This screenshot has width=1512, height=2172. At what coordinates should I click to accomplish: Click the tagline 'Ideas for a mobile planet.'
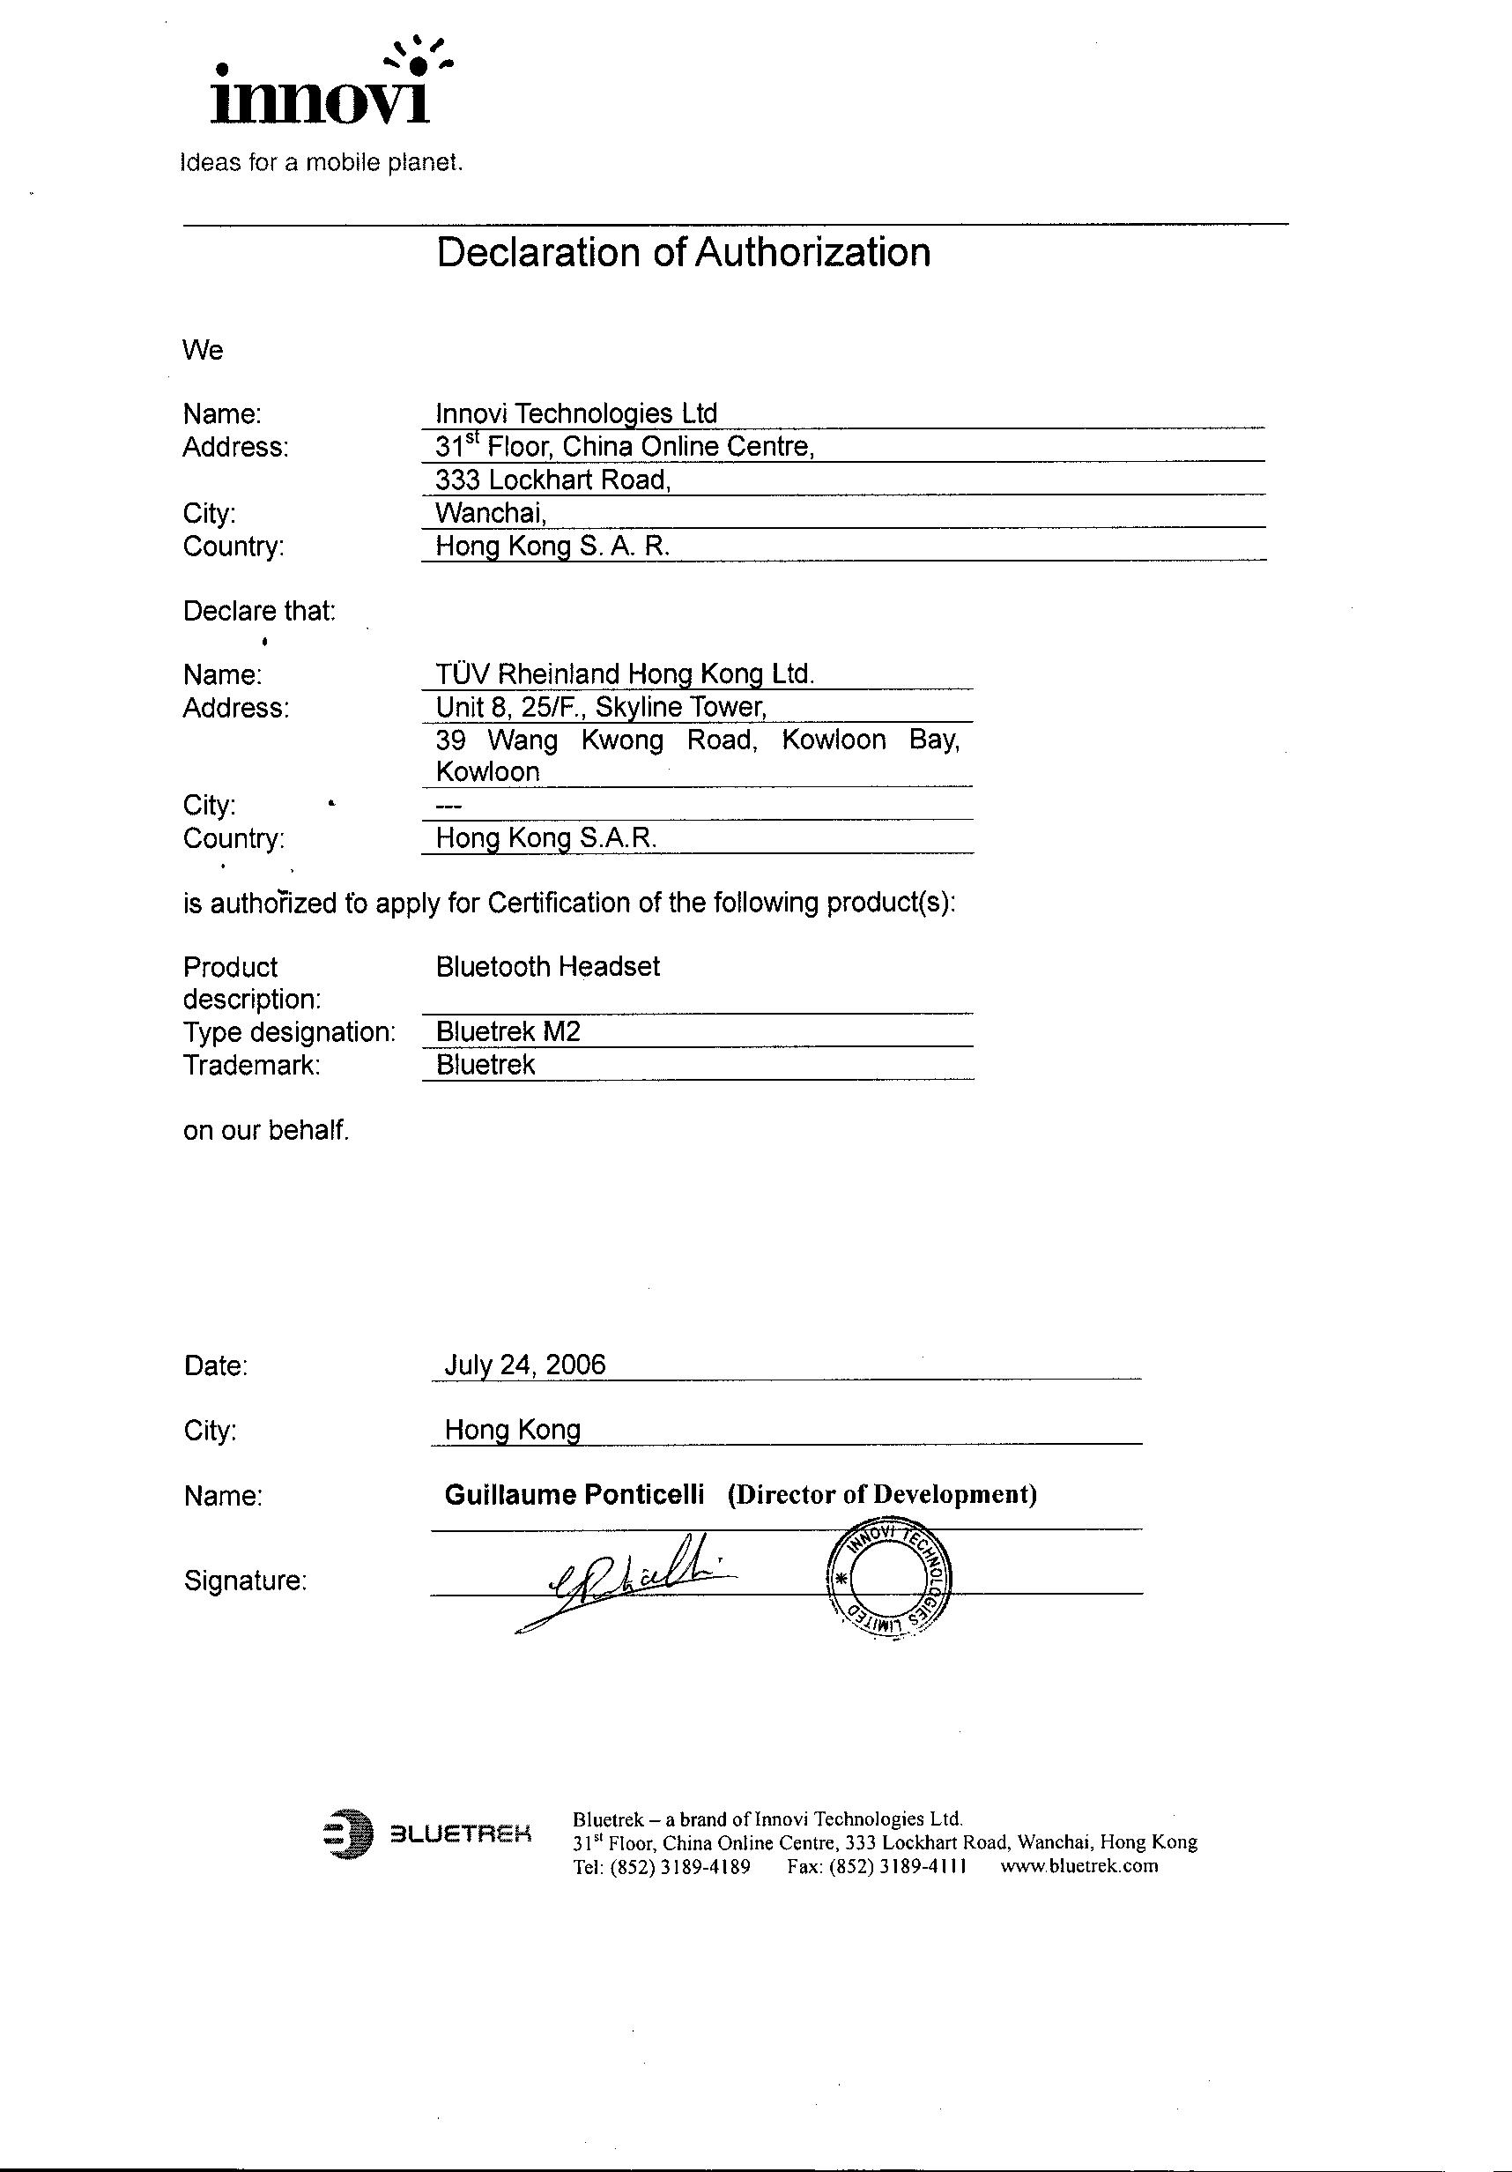[x=322, y=163]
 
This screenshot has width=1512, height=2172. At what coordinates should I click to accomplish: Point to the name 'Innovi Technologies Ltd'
[x=576, y=413]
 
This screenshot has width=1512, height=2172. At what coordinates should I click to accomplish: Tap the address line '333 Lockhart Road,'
[x=552, y=480]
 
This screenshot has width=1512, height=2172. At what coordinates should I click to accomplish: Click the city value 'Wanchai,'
[x=491, y=513]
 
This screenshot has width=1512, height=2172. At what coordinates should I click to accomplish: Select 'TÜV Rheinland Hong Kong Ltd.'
[x=624, y=673]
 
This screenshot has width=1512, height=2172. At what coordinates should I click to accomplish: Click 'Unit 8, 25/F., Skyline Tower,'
[x=600, y=707]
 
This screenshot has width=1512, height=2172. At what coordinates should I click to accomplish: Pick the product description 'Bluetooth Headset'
[x=547, y=966]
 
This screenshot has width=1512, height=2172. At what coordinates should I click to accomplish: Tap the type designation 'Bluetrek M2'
[x=508, y=1031]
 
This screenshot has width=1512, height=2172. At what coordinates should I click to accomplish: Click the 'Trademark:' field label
[x=251, y=1065]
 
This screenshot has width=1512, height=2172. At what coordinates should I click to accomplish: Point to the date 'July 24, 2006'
[x=525, y=1365]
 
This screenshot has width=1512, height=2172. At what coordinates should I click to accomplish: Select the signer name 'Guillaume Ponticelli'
[x=574, y=1495]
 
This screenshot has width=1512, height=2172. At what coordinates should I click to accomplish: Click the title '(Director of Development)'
[x=882, y=1495]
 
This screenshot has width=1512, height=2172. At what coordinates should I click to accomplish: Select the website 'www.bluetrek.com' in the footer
[x=1078, y=1866]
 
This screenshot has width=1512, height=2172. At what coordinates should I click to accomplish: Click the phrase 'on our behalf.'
[x=266, y=1130]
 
